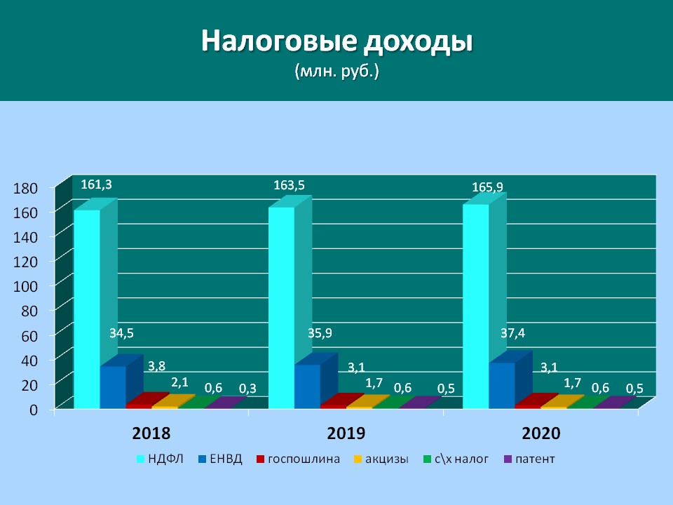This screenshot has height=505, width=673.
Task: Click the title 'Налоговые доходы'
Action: (x=337, y=41)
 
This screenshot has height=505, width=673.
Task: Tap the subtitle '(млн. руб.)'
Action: (x=337, y=71)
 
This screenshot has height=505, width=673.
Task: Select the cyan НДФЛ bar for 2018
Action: (x=87, y=309)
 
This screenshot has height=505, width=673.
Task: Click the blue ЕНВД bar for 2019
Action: (x=307, y=386)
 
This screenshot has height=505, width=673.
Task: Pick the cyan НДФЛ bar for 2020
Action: (x=475, y=307)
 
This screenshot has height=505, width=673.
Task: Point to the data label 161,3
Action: (x=96, y=184)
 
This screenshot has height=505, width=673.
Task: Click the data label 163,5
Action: (x=290, y=185)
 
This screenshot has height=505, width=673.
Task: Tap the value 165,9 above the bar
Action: (x=488, y=187)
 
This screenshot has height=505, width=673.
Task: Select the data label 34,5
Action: (x=121, y=332)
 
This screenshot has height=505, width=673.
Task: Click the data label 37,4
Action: (x=513, y=332)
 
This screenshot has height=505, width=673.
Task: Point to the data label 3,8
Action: (x=156, y=366)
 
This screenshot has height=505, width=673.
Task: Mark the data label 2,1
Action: (x=180, y=382)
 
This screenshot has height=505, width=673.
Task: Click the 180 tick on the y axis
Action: (x=26, y=188)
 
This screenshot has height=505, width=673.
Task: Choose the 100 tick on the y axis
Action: (x=26, y=286)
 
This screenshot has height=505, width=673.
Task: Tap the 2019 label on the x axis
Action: (x=346, y=433)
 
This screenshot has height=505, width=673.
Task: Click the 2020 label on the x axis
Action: (x=541, y=433)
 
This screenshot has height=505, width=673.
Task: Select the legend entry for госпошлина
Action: (x=299, y=459)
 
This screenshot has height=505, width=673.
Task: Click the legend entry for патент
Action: (x=529, y=459)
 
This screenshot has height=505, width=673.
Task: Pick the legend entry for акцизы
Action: (x=381, y=459)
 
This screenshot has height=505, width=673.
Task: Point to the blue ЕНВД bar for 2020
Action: (x=502, y=386)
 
